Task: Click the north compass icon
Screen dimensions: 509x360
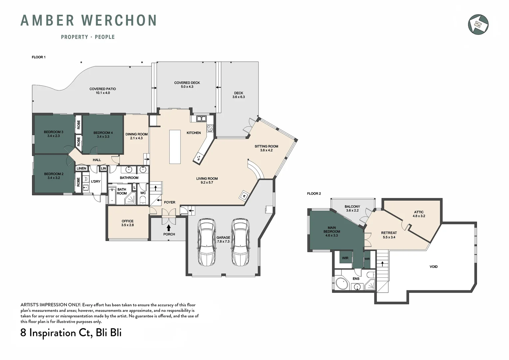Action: coord(478,24)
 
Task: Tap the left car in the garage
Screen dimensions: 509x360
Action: coord(207,242)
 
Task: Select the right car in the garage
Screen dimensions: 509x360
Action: coord(241,242)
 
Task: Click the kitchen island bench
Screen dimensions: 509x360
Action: coord(175,147)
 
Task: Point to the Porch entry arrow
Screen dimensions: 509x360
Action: coord(169,228)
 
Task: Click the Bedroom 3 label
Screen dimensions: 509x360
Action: coord(54,132)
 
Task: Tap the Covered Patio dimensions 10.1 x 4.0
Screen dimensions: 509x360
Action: coord(103,93)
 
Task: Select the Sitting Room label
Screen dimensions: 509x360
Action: coord(266,146)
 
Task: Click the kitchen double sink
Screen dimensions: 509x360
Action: coord(201,118)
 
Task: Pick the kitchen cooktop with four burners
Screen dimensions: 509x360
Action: coord(210,128)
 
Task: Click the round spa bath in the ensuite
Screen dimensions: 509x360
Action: coord(342,283)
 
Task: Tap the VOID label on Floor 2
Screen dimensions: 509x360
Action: coord(434,267)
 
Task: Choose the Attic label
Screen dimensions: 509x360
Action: coord(419,212)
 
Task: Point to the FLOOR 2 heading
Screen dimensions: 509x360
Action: coord(314,194)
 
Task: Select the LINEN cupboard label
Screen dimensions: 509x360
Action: coord(81,168)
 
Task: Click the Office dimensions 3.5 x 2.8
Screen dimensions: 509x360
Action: coord(128,225)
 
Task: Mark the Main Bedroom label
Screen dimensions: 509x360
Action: coord(332,229)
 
